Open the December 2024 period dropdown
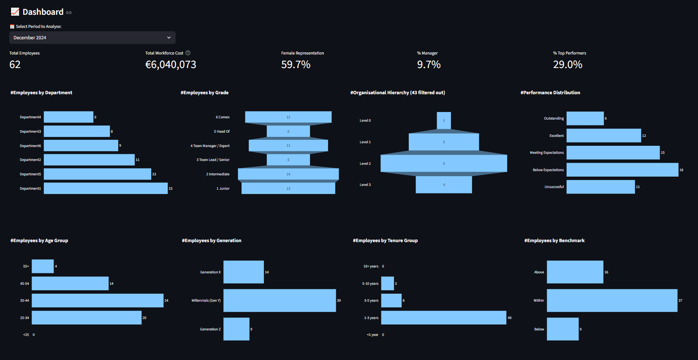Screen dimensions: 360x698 [92, 38]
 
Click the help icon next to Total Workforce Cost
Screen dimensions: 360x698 [188, 53]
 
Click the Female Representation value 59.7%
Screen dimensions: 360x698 [296, 65]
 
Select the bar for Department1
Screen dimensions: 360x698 [106, 188]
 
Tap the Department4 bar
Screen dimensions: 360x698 [68, 117]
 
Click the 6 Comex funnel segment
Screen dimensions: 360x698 [288, 117]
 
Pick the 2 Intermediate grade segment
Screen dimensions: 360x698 [288, 174]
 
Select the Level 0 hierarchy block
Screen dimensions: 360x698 [444, 120]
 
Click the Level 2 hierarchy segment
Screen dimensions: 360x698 [443, 164]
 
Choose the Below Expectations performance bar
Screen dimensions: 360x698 [622, 170]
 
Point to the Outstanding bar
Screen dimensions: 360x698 [585, 118]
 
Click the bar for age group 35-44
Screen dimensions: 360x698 [98, 300]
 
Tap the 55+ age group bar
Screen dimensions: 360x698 [43, 266]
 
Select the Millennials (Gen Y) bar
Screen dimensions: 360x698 [280, 300]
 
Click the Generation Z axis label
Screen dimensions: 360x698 [210, 329]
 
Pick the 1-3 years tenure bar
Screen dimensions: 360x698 [443, 318]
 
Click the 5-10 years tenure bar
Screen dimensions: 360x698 [387, 284]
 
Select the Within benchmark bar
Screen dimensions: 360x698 [612, 300]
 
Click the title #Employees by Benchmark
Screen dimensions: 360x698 [554, 240]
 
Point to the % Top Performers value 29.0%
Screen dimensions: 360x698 [568, 65]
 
